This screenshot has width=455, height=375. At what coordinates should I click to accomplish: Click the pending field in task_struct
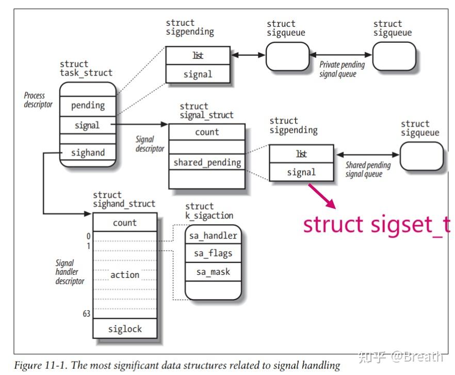pyautogui.click(x=88, y=105)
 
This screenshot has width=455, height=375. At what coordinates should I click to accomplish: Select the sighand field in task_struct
pyautogui.click(x=88, y=153)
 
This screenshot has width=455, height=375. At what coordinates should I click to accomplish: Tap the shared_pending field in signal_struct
pyautogui.click(x=207, y=163)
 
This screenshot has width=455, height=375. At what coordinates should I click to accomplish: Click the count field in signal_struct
pyautogui.click(x=207, y=132)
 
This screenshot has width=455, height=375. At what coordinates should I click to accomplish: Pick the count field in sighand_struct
pyautogui.click(x=125, y=223)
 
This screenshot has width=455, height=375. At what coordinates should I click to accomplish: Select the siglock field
pyautogui.click(x=125, y=329)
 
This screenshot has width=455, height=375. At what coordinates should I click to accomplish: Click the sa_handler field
pyautogui.click(x=213, y=236)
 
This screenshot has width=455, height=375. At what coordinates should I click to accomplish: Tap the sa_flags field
pyautogui.click(x=213, y=254)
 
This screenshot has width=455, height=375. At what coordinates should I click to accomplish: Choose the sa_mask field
pyautogui.click(x=213, y=272)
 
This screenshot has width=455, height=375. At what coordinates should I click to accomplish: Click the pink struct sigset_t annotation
pyautogui.click(x=376, y=225)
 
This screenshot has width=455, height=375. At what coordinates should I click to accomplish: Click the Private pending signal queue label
pyautogui.click(x=342, y=69)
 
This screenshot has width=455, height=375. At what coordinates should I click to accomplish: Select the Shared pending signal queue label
pyautogui.click(x=367, y=169)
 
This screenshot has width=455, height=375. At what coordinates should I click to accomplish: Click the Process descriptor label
pyautogui.click(x=38, y=100)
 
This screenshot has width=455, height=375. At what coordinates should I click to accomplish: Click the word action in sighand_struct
pyautogui.click(x=125, y=275)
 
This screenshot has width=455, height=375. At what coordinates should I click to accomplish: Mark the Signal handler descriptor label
pyautogui.click(x=69, y=272)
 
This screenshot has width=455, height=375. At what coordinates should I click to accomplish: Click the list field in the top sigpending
pyautogui.click(x=198, y=56)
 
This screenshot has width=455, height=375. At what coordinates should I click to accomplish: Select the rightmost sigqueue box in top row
pyautogui.click(x=394, y=56)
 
